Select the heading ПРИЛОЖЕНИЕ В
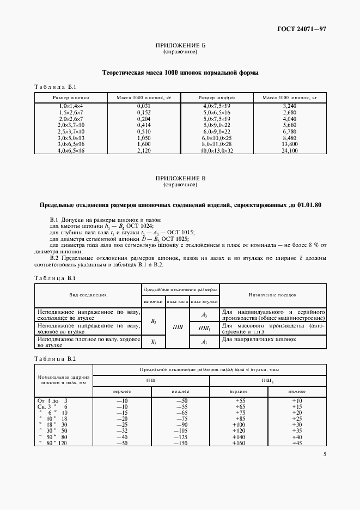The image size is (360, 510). coord(180,179)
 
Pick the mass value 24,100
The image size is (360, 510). coord(290,149)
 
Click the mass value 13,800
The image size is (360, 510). coord(290,143)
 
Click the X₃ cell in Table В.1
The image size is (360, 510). coord(153,342)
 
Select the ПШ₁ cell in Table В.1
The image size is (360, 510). coord(204,328)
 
